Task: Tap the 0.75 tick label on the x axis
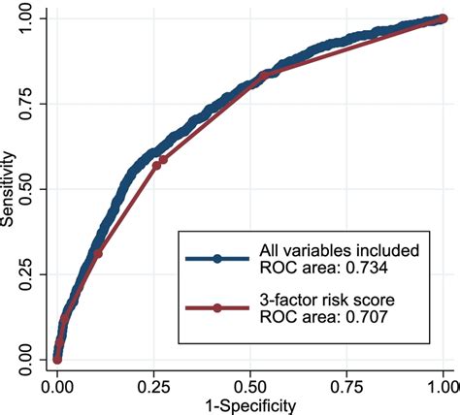pyautogui.click(x=347, y=387)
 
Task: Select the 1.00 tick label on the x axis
pyautogui.click(x=444, y=387)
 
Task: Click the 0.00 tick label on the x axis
pyautogui.click(x=57, y=387)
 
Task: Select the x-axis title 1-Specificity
pyautogui.click(x=250, y=404)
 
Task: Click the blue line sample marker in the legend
pyautogui.click(x=218, y=259)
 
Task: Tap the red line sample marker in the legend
pyautogui.click(x=218, y=308)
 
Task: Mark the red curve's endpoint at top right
pyautogui.click(x=444, y=18)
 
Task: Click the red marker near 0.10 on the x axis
pyautogui.click(x=98, y=253)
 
